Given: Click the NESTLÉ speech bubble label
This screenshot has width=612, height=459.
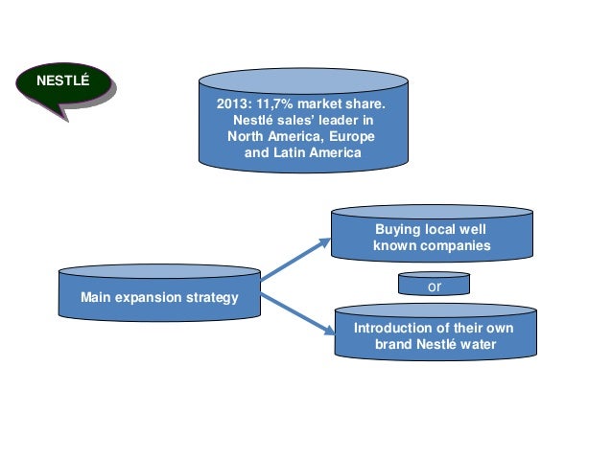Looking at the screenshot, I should pyautogui.click(x=62, y=80).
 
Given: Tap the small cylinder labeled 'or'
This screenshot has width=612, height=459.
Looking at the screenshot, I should pyautogui.click(x=434, y=285).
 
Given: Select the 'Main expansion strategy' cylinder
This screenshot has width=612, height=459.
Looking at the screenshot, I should pyautogui.click(x=159, y=297).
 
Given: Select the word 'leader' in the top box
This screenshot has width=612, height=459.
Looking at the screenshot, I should pyautogui.click(x=341, y=121).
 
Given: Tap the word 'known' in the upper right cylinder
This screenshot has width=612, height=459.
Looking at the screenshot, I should pyautogui.click(x=393, y=246).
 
